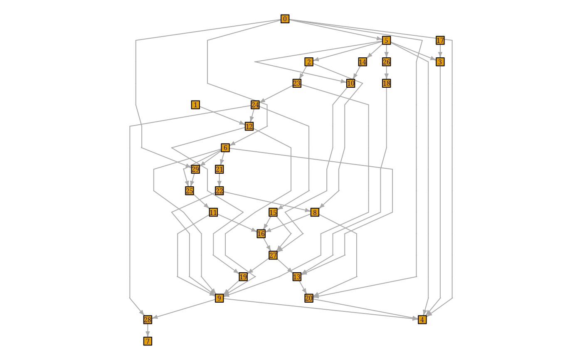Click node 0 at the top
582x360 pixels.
point(285,19)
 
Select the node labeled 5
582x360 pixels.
point(386,40)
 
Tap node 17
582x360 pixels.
point(440,40)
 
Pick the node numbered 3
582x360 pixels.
point(440,62)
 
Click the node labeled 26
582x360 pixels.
point(386,62)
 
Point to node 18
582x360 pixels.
point(386,83)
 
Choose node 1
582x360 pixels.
point(195,105)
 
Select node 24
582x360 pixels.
point(255,105)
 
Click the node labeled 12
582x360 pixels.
point(249,126)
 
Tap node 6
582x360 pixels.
point(225,148)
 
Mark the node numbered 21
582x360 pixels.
point(219,169)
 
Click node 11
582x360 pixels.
point(213,212)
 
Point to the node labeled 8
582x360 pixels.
point(315,212)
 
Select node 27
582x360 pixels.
point(273,255)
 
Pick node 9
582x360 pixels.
point(219,298)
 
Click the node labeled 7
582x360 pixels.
point(148,341)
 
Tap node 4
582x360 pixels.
point(422,320)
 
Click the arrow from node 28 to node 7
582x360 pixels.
point(148,330)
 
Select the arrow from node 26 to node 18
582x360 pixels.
point(386,72)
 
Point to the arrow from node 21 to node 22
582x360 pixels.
point(219,180)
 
